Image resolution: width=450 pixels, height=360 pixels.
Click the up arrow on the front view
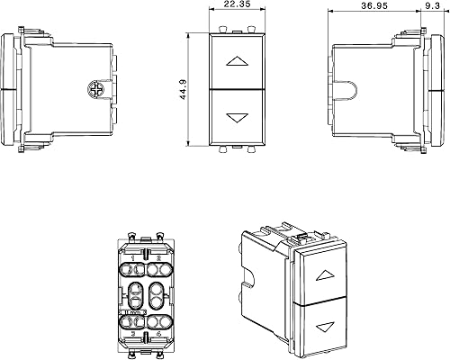pyautogui.click(x=238, y=62)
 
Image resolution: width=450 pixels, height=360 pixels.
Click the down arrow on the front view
pyautogui.click(x=238, y=117)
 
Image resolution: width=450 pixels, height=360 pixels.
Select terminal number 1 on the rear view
pyautogui.click(x=132, y=259)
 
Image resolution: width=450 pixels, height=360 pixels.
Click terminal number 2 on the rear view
pyautogui.click(x=159, y=259)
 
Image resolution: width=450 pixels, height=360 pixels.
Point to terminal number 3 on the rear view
pyautogui.click(x=132, y=333)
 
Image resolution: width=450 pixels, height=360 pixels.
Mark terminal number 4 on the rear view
pyautogui.click(x=159, y=333)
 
